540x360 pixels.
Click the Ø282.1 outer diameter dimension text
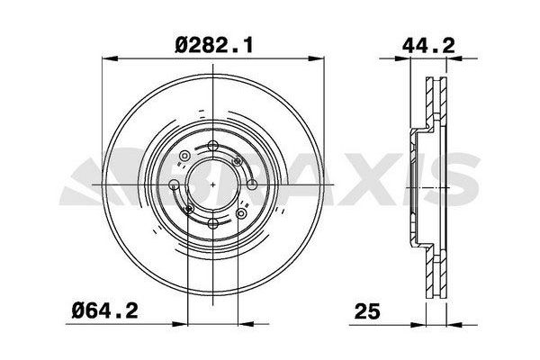pos(211,41)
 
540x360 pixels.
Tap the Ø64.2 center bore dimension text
pos(105,314)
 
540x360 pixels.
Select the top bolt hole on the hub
pos(211,148)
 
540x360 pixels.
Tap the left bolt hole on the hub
pos(175,185)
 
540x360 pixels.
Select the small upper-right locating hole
pos(238,159)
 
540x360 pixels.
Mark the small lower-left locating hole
pos(186,211)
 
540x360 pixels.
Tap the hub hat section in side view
pos(418,185)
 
